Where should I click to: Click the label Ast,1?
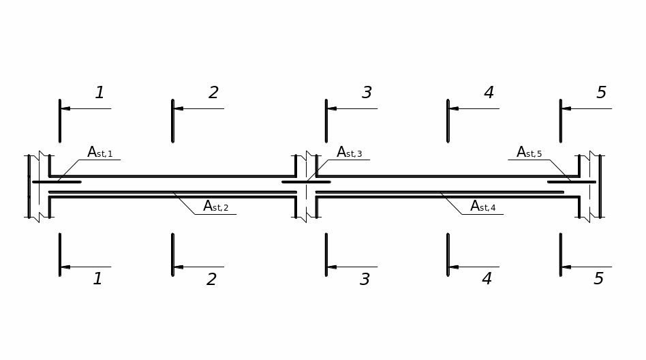99,152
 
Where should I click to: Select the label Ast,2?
215,206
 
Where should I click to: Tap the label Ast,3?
350,152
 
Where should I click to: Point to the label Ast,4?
483,206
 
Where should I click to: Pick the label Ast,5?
529,152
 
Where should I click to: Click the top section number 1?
99,92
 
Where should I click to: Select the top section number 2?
213,92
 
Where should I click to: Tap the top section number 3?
367,92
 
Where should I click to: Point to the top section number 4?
489,92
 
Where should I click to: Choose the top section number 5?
602,92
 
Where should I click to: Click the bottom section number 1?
97,279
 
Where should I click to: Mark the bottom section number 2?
211,279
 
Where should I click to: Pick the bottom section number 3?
365,279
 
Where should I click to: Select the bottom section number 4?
487,279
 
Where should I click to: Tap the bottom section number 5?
598,279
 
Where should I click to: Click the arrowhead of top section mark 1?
65,108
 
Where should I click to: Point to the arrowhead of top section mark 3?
332,108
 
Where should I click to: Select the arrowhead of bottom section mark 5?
566,267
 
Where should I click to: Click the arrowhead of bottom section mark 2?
178,267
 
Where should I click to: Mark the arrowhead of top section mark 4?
454,108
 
